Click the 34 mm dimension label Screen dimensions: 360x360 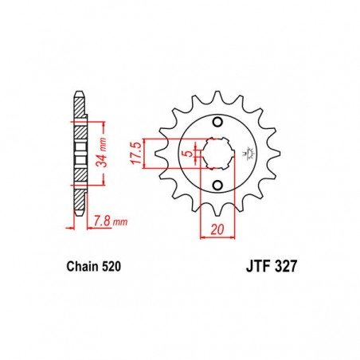pos(102,152)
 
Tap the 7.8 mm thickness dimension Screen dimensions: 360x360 pos(111,221)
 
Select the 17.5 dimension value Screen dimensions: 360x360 pos(136,153)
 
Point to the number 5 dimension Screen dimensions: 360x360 pos(189,154)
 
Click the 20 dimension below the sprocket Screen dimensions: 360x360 pos(217,229)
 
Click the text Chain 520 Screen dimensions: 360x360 pos(94,267)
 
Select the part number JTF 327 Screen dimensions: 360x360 pos(271,267)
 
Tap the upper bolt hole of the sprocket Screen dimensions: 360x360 pos(217,122)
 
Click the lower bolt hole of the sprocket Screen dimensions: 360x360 pos(217,185)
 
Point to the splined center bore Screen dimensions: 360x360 pos(217,154)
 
